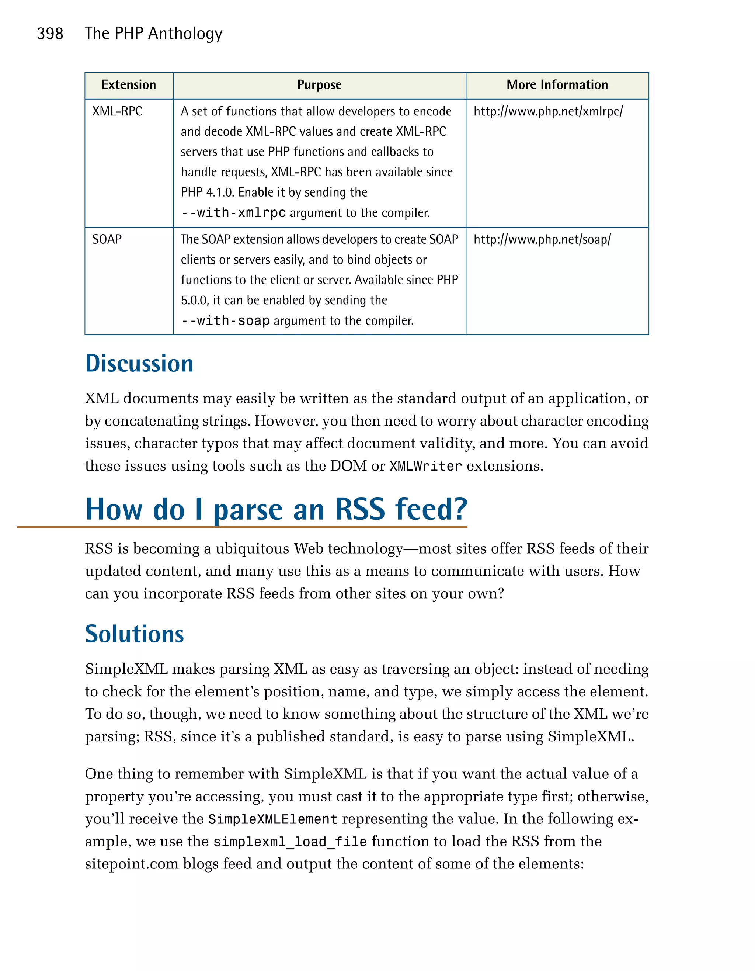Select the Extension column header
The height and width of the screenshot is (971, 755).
(129, 85)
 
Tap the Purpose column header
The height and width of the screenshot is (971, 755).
(319, 85)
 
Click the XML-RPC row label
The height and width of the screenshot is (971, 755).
(117, 111)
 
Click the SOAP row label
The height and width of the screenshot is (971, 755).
(107, 240)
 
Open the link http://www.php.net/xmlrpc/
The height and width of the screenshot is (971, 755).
(548, 111)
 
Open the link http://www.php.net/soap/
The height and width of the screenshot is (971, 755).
(542, 240)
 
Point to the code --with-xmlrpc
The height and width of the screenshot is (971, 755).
(233, 213)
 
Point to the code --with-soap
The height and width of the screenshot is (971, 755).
(225, 320)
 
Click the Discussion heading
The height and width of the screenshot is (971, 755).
(139, 363)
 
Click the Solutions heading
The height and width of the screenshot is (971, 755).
(134, 634)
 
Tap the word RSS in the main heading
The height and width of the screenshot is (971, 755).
(359, 510)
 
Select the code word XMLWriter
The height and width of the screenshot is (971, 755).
(426, 467)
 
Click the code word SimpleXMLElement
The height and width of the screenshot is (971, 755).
(272, 819)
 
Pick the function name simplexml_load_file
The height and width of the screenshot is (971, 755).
(290, 842)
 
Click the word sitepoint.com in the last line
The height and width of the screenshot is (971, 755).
(132, 864)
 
